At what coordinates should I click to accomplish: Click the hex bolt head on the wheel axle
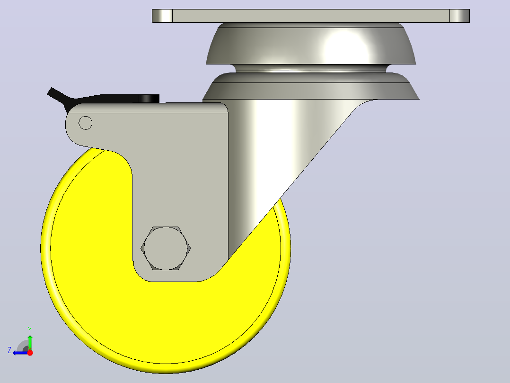pyautogui.click(x=166, y=248)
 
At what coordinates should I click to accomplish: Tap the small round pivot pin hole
pyautogui.click(x=86, y=123)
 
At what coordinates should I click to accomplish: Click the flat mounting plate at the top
pyautogui.click(x=311, y=16)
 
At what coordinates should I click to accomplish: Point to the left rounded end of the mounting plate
pyautogui.click(x=162, y=16)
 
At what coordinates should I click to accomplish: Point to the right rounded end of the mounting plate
pyautogui.click(x=459, y=16)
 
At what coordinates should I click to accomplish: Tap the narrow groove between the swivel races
pyautogui.click(x=310, y=68)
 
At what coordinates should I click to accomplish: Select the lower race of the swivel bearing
pyautogui.click(x=311, y=86)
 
